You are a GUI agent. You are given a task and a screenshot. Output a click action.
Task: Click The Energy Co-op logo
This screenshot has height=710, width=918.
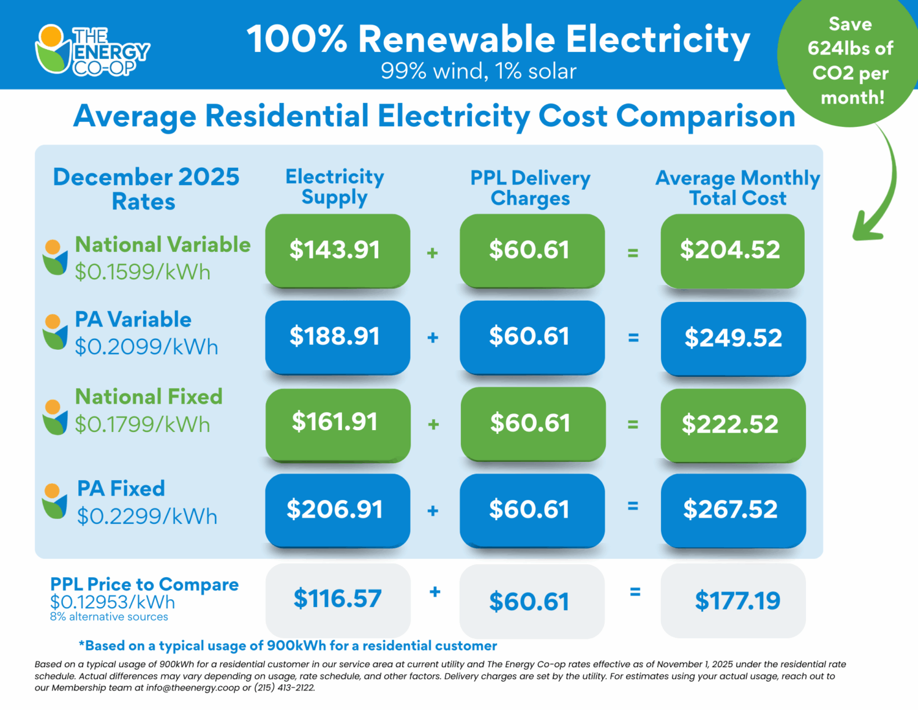pos(92,50)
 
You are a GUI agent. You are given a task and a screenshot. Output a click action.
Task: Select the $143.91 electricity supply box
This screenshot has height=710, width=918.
pos(337,250)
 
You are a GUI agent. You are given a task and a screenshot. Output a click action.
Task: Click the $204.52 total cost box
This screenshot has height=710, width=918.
pos(732,250)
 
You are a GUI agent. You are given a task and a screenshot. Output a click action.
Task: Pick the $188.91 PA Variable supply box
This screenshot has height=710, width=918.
pos(337,336)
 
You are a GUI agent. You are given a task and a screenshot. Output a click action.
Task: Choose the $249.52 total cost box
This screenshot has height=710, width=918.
pos(733,338)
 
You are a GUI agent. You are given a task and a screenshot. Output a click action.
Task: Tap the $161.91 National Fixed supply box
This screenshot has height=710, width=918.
pos(337,423)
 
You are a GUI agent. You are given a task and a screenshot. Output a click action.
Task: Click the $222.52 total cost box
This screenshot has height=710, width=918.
pos(733,425)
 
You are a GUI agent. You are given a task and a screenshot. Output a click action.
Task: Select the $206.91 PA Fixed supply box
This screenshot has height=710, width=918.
pos(337,510)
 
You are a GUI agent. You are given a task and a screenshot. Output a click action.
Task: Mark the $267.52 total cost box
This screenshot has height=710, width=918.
pos(733,510)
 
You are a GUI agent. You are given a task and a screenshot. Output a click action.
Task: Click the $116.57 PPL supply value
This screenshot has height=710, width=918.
pos(337,599)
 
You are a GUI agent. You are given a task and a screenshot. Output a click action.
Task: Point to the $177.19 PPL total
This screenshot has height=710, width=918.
pos(737,601)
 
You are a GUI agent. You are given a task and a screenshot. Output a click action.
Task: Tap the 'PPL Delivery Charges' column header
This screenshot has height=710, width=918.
pos(530,188)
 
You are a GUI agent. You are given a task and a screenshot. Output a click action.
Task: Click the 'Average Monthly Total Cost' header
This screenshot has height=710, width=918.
pos(737,188)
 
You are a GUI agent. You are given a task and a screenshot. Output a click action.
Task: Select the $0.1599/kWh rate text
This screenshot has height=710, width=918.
pos(143,272)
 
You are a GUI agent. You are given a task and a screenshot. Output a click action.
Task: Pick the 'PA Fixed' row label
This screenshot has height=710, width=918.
pos(121,488)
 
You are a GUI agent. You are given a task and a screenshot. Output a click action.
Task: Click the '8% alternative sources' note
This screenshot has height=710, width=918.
pos(109,617)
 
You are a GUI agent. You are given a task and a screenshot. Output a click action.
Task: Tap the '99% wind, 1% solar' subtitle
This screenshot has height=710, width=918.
pos(479,72)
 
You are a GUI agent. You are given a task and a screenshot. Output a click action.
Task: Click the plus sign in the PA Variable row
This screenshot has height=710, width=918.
pos(433,338)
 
